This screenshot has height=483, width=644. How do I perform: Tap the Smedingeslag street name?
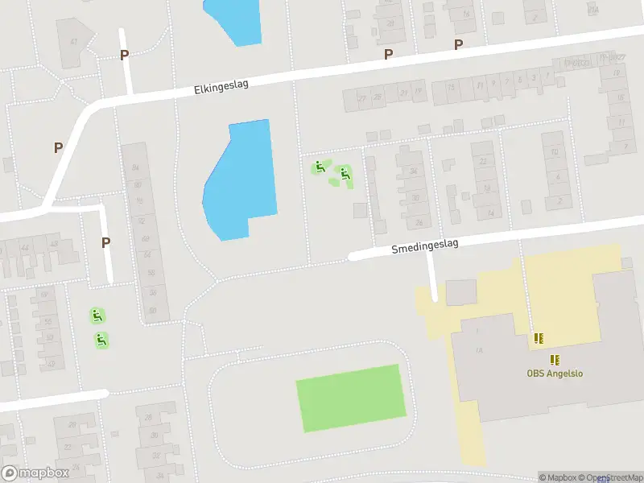[426, 246]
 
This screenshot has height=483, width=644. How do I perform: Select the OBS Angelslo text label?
[554, 373]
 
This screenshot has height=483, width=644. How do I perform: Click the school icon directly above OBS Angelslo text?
[555, 359]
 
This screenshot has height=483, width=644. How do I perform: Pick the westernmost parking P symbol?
[58, 147]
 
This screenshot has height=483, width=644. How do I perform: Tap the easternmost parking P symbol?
[458, 45]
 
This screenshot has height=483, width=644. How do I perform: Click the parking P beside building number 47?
[124, 55]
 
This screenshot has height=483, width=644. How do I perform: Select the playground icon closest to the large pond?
[320, 167]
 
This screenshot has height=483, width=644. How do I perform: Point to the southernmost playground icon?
[101, 341]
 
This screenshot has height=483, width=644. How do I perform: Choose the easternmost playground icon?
[345, 172]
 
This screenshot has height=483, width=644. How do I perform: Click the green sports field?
[351, 398]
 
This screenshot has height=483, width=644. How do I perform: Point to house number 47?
[73, 41]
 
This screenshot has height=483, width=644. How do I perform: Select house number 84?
[135, 167]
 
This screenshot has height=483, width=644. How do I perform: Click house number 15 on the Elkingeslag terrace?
[451, 87]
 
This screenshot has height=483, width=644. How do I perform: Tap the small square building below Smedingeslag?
[461, 292]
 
